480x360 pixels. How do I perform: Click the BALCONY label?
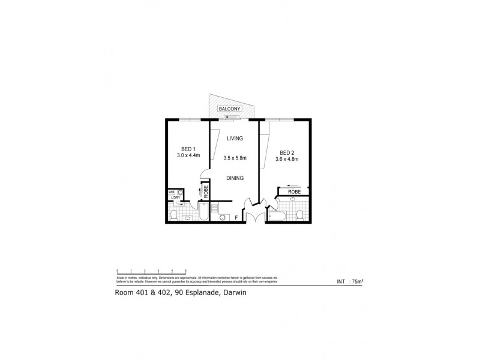tap(230, 108)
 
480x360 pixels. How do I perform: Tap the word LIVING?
tap(235, 139)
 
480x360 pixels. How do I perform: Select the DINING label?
tap(235, 178)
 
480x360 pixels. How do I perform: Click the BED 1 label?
tap(188, 149)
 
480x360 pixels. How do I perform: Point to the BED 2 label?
tap(287, 152)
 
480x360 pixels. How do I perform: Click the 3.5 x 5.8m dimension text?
tap(235, 158)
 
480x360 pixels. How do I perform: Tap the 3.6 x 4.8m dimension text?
tap(287, 159)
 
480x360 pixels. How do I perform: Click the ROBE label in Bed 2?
tap(293, 193)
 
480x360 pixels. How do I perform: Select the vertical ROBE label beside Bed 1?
tap(206, 192)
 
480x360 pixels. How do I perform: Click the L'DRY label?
tap(176, 198)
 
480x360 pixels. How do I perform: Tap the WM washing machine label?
tap(171, 192)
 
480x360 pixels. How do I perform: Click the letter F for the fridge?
tap(236, 217)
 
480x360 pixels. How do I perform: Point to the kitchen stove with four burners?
tap(215, 208)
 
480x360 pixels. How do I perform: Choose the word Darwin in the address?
tap(235, 293)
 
